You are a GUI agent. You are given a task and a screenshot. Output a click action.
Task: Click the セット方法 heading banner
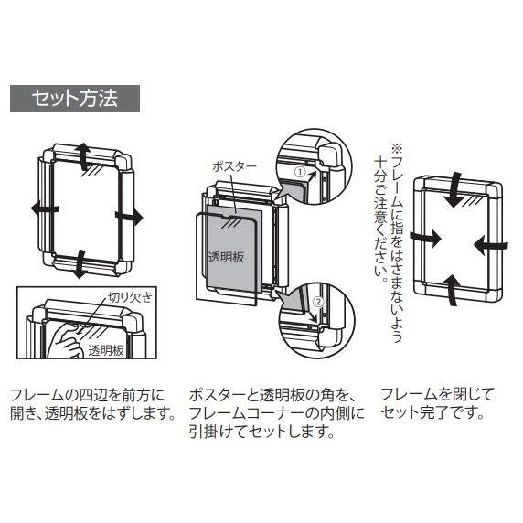point(75,98)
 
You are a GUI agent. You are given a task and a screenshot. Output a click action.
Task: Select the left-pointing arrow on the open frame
point(45,209)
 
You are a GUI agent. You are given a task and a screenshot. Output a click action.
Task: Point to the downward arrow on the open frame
point(80,264)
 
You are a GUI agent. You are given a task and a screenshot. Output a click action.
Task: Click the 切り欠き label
point(130,297)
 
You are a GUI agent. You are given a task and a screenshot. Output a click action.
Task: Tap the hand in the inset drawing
point(68,340)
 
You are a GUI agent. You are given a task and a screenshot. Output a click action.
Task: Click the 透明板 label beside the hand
point(106,351)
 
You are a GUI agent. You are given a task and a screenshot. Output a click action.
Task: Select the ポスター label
point(234,166)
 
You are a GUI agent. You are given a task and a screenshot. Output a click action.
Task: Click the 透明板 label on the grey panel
point(226,257)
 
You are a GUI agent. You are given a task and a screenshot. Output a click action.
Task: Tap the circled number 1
point(301,172)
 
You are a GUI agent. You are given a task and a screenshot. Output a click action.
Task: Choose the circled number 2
point(318,302)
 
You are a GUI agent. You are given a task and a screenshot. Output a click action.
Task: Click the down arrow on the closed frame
point(455,190)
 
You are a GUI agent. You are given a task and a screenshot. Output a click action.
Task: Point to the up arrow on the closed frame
point(453,290)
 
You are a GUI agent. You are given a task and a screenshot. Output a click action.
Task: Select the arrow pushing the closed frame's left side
point(426,238)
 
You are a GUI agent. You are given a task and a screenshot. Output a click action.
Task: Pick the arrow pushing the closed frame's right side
point(491,246)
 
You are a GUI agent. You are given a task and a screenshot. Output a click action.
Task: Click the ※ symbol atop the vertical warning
point(397,147)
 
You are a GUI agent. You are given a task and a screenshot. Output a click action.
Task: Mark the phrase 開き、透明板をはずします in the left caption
point(92,413)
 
